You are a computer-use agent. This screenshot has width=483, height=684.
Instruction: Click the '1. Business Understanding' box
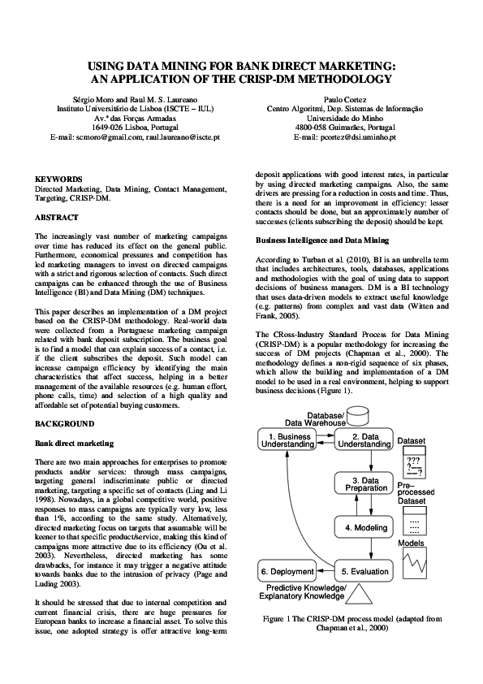pyautogui.click(x=287, y=440)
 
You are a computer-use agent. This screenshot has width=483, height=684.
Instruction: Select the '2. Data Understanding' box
pyautogui.click(x=364, y=440)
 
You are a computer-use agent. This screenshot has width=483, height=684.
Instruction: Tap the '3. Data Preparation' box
pyautogui.click(x=364, y=484)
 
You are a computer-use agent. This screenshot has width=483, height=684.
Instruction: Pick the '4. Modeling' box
pyautogui.click(x=364, y=527)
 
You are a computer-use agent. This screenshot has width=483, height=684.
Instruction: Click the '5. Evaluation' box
pyautogui.click(x=364, y=571)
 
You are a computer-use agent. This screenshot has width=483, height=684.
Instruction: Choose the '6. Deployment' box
pyautogui.click(x=287, y=571)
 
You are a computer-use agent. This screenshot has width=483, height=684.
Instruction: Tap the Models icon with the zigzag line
pyautogui.click(x=412, y=560)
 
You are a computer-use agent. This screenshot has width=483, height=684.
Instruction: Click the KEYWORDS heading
pyautogui.click(x=58, y=178)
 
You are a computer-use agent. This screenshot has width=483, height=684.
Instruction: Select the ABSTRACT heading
pyautogui.click(x=57, y=217)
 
